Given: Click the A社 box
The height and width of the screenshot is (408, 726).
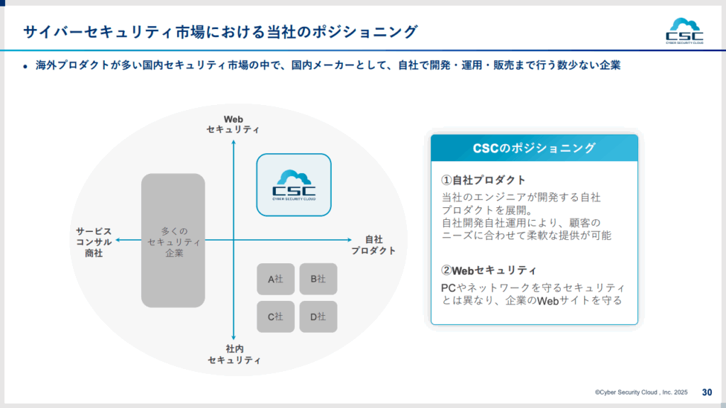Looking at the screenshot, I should coord(275,279).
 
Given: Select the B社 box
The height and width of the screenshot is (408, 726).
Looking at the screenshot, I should coord(318,279).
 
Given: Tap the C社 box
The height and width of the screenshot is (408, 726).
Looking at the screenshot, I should coord(275,316).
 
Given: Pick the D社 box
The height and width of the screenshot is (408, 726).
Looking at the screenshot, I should coord(318,316).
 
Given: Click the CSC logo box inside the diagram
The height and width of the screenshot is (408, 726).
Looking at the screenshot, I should coord(294,184).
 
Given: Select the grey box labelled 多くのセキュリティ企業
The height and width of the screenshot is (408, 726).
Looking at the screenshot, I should coord(173,241).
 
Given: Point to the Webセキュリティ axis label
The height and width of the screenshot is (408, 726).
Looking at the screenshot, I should coord(233,124).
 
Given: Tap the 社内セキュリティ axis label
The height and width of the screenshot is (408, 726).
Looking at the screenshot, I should coord(234,354).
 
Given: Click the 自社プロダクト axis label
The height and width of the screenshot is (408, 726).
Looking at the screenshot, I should coord(373,245).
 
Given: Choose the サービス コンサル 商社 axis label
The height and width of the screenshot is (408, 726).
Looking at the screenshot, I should coord(94,242).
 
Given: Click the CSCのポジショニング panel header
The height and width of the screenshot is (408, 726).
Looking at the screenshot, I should coord(534,148).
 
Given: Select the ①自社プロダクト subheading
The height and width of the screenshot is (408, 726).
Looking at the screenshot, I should coord(484,180).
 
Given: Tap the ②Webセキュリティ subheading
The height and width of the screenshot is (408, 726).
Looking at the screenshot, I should coord(488,270).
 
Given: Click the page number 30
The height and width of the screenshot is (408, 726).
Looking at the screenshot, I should coord(707,392).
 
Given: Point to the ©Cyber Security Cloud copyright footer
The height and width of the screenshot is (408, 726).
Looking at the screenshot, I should coord(642,392).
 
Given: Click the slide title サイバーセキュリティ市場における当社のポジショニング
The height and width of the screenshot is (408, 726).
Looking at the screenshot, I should coord(220,32).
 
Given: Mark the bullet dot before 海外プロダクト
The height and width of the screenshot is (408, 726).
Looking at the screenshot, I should coord(25,66).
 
